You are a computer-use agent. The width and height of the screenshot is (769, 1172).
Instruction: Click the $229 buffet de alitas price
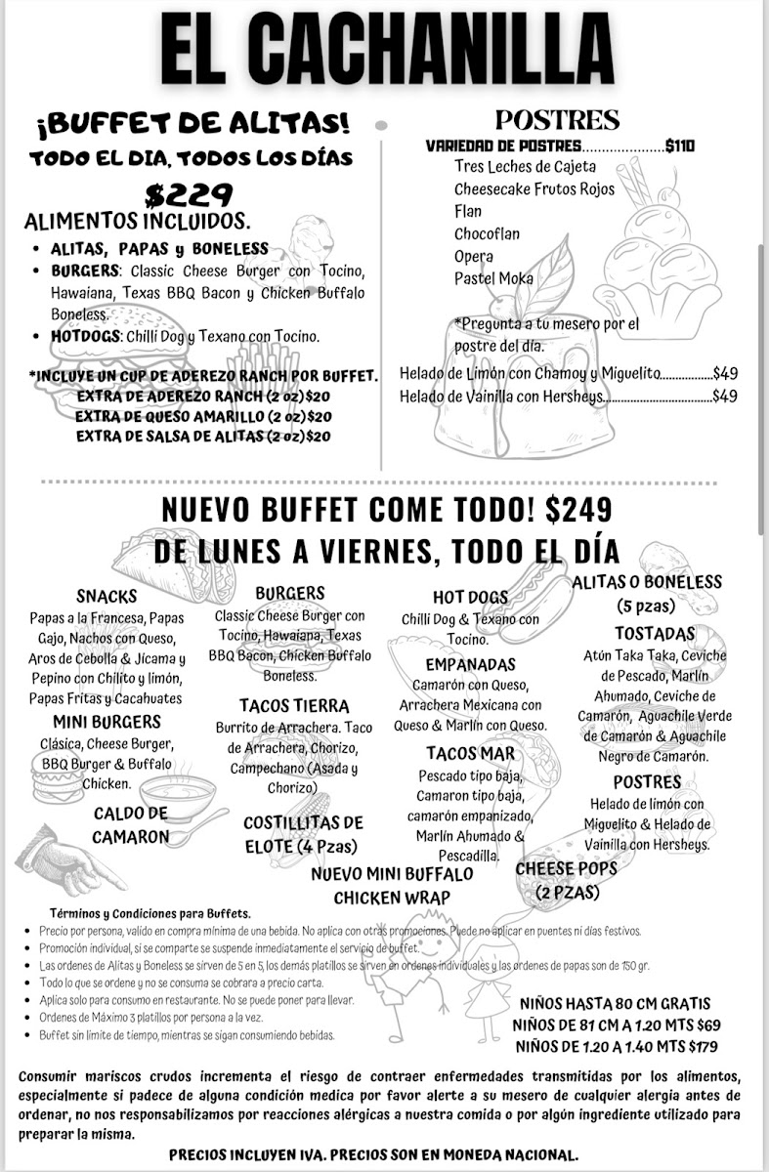189,194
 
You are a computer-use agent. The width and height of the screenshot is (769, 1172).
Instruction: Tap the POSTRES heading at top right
557,120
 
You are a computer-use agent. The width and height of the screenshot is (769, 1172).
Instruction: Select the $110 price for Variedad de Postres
679,146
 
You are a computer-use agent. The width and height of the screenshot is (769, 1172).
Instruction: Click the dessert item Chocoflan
487,234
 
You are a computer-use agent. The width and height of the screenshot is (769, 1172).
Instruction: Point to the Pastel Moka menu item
493,278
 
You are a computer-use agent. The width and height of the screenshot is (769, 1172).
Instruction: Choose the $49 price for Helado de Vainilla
724,396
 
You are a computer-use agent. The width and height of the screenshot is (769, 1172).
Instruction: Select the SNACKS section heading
107,596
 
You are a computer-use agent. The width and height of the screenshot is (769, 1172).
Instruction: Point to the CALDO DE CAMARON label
131,825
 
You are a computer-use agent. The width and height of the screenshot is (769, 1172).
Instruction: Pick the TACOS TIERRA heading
293,705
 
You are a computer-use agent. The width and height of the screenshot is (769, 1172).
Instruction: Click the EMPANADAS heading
470,664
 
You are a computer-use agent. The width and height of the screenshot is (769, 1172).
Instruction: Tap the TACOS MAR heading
470,753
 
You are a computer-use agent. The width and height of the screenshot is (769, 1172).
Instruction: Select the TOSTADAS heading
655,634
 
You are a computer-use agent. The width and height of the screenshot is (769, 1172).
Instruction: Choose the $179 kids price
702,1047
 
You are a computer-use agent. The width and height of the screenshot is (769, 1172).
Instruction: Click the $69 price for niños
708,1025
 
